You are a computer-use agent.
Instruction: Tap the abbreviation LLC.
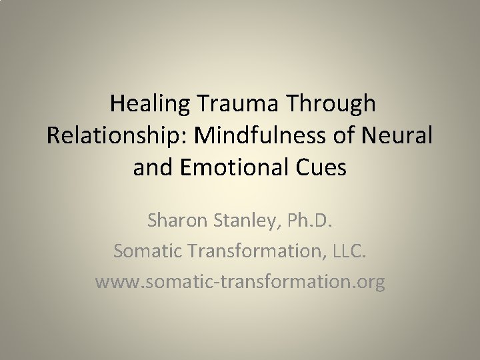[347, 251]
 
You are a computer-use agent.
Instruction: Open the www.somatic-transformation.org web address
[240, 283]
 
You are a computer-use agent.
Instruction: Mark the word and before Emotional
[153, 167]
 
